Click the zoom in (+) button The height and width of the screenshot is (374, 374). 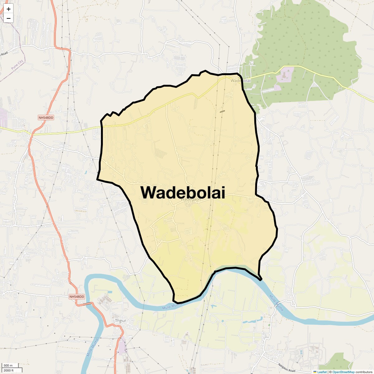coord(8,9)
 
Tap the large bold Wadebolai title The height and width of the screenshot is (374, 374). coord(183,192)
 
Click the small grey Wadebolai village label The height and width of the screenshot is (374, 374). coord(241,81)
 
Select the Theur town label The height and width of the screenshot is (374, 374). coord(120,321)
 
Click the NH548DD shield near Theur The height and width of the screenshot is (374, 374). coord(77,297)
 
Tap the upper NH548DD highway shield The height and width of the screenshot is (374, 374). coord(46,117)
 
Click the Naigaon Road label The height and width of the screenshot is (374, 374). coord(287,368)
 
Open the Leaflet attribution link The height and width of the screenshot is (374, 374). coord(322,372)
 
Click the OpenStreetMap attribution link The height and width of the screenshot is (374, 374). coord(343,372)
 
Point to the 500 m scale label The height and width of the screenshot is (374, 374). coord(8,366)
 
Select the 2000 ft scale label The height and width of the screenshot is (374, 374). coord(9,370)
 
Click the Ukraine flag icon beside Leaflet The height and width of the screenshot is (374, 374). coord(315,372)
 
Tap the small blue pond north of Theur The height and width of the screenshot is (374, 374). coord(109,292)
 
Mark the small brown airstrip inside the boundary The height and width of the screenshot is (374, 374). coord(222,111)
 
